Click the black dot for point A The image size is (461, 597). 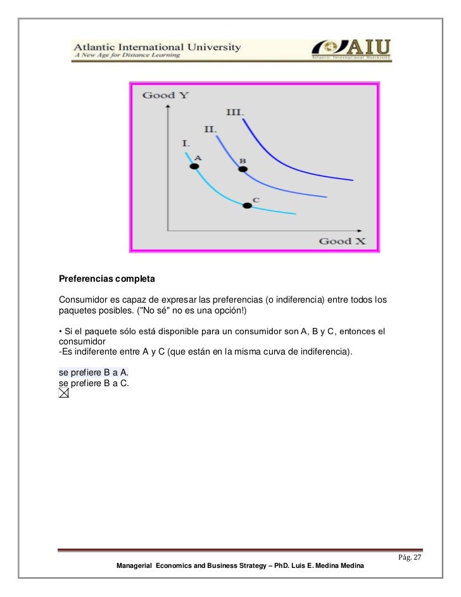coord(194,167)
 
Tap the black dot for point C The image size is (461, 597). coord(247,205)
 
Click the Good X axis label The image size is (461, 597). coord(342,241)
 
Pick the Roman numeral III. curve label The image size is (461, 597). coord(236,112)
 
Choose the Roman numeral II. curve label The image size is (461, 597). coord(210,129)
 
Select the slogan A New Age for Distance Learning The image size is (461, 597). coord(127,56)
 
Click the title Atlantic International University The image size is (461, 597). coord(158,46)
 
